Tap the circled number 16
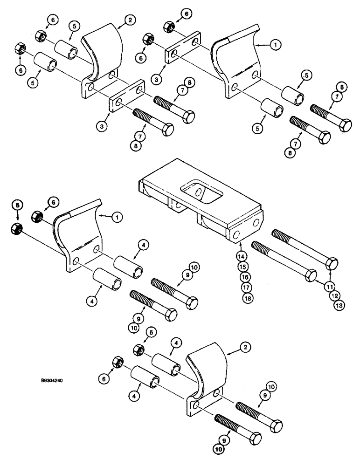click(x=241, y=276)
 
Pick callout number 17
click(x=241, y=287)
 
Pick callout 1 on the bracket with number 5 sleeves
click(x=276, y=45)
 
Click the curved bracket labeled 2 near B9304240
click(x=205, y=373)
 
